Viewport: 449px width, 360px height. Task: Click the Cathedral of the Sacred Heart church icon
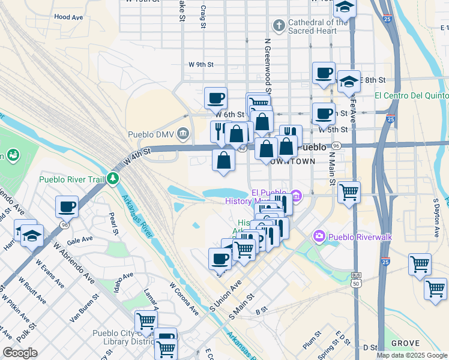point(279,26)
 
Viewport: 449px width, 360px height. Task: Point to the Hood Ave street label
point(68,17)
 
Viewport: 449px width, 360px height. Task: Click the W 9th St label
point(200,64)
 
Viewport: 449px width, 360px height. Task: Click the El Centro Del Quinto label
point(412,95)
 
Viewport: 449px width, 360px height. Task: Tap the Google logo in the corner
point(20,352)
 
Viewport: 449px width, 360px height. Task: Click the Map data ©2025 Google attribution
point(412,355)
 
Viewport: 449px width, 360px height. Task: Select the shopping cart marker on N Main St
point(349,193)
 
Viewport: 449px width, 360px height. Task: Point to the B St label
point(261,311)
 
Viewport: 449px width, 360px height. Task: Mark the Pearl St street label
point(112,222)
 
